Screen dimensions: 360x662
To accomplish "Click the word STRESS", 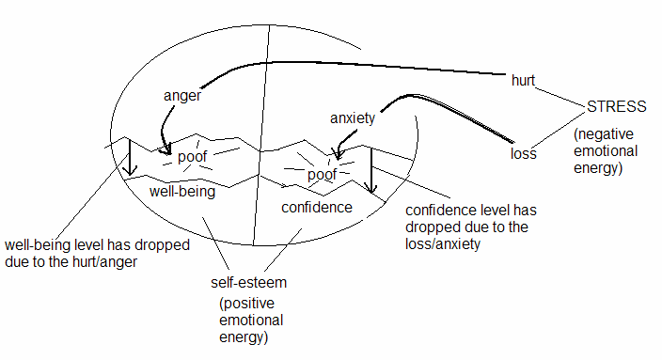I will tap(616, 105).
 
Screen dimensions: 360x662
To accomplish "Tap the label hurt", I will tap(522, 81).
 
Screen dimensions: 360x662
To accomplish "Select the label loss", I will tap(523, 153).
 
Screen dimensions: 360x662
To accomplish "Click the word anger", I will tap(181, 95).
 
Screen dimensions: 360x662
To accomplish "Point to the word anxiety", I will tap(353, 117).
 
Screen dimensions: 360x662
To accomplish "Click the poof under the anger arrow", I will tap(192, 156).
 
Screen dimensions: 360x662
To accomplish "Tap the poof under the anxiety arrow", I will tap(322, 175).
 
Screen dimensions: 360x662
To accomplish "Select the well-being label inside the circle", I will tap(183, 192).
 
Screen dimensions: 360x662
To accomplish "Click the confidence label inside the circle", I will tap(317, 207).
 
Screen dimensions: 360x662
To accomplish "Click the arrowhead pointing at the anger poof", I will tap(166, 148).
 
